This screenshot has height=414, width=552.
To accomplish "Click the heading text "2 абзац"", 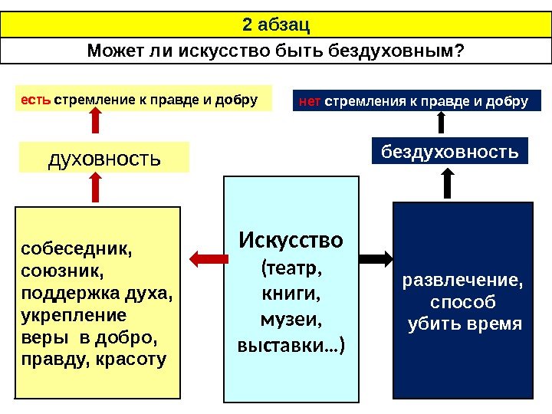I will [275, 25].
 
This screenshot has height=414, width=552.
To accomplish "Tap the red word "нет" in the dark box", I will [310, 102].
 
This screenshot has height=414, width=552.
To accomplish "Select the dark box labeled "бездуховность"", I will [450, 151].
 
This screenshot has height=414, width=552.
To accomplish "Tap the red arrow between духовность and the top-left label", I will [94, 123].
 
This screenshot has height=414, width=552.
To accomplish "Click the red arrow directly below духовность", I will [94, 189].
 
